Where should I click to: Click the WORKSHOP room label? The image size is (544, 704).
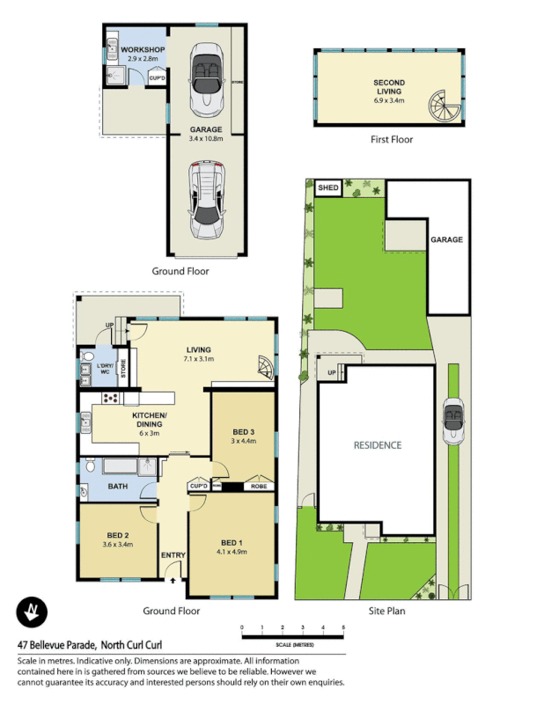(143, 49)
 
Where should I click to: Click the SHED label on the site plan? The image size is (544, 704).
(327, 188)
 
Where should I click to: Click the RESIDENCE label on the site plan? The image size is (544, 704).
(376, 445)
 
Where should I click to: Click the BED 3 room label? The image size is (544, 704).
(244, 431)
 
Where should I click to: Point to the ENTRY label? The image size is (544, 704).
(172, 555)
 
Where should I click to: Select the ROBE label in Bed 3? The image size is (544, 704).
(259, 486)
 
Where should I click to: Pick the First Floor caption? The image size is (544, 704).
(391, 139)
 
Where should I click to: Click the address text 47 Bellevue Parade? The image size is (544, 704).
(57, 644)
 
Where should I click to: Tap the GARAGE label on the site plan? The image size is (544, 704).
(446, 239)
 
